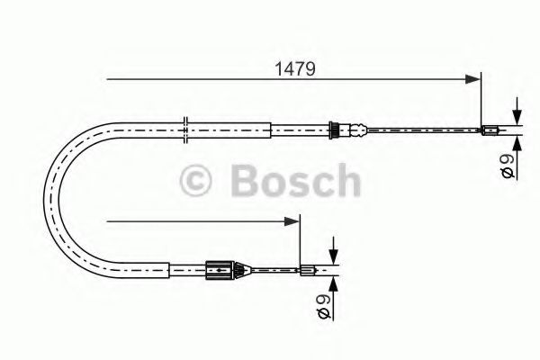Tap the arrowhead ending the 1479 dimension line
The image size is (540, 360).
click(x=474, y=79)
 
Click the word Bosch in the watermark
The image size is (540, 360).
click(x=295, y=181)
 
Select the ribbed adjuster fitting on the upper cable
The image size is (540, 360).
click(x=336, y=130)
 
